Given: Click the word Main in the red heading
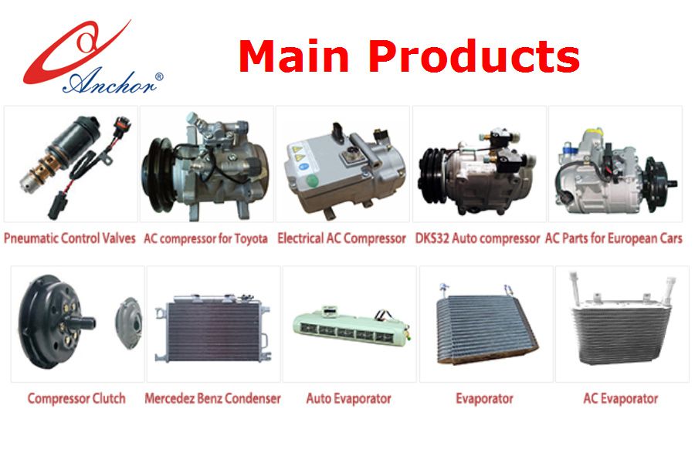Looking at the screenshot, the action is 293,56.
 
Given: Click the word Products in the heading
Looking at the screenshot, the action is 474,56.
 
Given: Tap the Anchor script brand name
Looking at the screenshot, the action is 109,82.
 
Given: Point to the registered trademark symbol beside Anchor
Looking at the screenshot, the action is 159,76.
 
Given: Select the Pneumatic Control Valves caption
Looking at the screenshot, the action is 69,238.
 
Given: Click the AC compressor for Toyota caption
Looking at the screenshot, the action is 205,238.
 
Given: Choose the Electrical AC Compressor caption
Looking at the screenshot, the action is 342,238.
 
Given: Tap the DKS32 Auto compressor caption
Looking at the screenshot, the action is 477,238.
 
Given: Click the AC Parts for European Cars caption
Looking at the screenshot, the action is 613,238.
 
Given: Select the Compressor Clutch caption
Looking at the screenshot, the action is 76,398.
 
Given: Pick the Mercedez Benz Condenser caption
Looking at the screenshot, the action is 213,398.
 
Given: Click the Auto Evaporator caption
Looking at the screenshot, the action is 349,398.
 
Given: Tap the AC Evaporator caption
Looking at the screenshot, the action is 621,398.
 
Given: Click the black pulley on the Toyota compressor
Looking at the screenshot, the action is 158,174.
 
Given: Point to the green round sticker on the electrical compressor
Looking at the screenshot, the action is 312,181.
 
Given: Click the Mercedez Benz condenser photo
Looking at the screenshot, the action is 213,328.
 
